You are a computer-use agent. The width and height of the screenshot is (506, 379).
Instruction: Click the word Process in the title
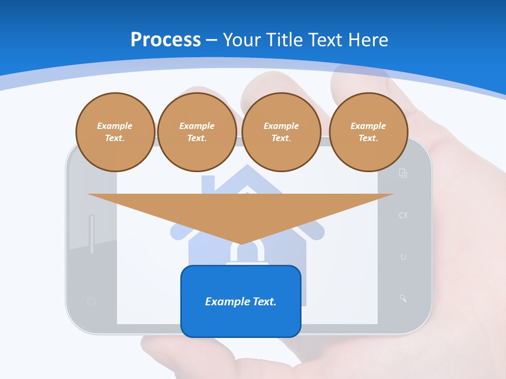166,40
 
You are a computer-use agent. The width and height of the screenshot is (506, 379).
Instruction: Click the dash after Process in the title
212,41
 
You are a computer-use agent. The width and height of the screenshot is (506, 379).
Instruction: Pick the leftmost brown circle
115,132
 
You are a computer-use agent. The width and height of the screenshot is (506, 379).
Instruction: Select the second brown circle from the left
197,132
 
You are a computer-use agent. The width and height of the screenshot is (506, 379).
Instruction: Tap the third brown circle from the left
281,132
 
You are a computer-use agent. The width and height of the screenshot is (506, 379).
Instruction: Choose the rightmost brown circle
368,132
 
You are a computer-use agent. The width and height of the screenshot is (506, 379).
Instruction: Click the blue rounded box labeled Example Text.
241,301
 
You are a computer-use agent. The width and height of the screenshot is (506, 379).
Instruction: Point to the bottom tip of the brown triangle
241,243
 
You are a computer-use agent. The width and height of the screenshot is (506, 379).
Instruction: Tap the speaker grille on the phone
92,234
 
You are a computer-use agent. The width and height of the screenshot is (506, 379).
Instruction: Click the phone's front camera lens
91,302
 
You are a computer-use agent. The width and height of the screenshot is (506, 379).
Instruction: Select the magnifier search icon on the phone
403,298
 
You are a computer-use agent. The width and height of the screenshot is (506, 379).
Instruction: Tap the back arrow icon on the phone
403,215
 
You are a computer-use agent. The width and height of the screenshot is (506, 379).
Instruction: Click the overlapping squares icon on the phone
403,173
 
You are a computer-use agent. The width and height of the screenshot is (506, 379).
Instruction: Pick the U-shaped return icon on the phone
403,257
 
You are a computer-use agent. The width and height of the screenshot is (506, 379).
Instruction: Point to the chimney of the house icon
208,183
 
